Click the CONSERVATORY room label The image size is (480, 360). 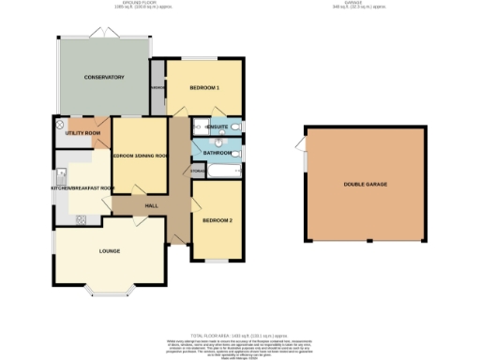[x=103, y=77]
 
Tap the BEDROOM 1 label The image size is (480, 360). [x=204, y=88]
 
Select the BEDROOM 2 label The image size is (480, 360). [x=217, y=220]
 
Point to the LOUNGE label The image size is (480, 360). [x=111, y=251]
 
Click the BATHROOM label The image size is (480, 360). [x=217, y=152]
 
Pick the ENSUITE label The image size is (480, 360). [x=218, y=126]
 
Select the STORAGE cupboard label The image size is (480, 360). [x=198, y=171]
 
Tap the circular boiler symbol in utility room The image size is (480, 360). [x=61, y=124]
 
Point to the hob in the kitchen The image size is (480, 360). [x=81, y=219]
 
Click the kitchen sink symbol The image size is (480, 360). [x=59, y=174]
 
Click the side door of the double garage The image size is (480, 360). [x=300, y=144]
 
